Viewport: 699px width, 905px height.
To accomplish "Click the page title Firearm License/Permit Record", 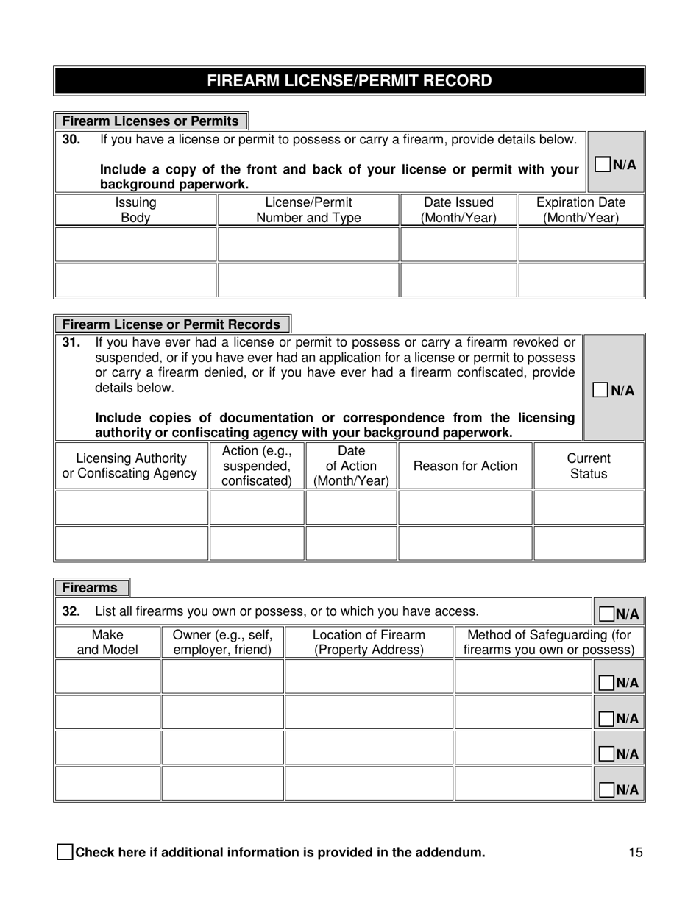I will coord(349,81).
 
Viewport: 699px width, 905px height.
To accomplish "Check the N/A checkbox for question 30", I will coord(602,164).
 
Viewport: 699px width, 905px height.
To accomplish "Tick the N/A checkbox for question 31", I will coord(600,390).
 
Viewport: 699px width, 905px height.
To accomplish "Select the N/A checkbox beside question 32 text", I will coord(607,614).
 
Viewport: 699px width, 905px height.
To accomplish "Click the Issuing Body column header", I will coord(135,210).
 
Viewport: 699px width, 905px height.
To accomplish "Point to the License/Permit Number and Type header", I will coord(308,210).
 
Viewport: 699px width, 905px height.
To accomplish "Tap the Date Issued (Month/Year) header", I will coord(458,210).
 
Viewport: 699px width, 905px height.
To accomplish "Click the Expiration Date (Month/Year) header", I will coord(581,210).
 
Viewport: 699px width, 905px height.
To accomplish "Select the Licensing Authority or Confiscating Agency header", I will coord(131,466).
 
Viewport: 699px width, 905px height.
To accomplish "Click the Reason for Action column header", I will coord(465,466).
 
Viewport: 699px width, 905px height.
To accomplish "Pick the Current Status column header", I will coord(589,466).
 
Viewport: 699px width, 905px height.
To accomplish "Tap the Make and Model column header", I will coord(107,642).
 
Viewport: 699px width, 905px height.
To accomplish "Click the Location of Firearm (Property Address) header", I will coord(369,642).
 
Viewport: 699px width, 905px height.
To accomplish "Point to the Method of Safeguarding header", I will coord(549,642).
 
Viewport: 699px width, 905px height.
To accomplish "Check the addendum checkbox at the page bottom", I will coord(65,853).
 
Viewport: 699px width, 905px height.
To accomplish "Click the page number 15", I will coord(636,853).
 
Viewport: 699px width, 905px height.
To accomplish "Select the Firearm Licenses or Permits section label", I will coord(151,121).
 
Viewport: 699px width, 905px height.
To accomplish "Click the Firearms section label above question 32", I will coord(91,588).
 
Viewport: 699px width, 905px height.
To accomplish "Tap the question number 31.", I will coord(71,342).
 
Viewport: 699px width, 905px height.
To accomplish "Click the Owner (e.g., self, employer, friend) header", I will coord(222,642).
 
